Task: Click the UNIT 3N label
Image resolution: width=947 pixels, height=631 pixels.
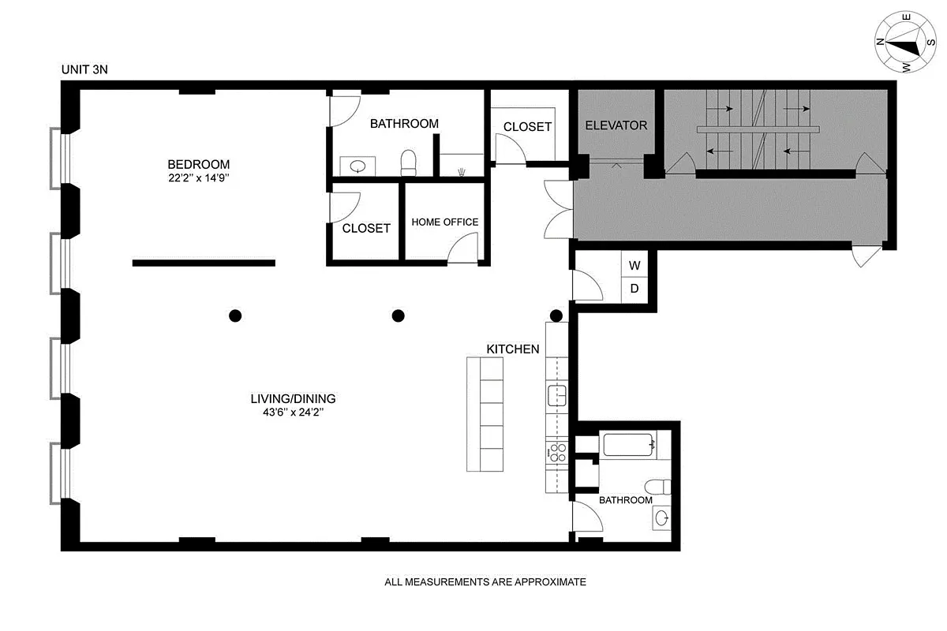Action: point(84,69)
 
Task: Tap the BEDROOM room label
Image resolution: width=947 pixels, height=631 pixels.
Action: point(198,164)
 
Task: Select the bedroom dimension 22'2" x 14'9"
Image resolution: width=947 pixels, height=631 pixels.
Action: point(198,178)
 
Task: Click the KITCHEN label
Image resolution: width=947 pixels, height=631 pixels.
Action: point(512,349)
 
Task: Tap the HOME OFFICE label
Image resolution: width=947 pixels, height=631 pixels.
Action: point(444,222)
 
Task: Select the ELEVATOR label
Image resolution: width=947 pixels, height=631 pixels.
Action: point(616,125)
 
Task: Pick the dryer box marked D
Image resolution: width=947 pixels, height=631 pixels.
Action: point(634,289)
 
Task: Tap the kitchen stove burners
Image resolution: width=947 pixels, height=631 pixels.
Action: point(557,452)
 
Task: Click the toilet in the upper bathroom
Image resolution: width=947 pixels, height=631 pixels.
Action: point(408,163)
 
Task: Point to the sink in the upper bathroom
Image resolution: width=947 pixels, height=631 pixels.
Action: point(357,166)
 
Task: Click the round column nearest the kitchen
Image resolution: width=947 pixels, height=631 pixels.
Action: point(556,316)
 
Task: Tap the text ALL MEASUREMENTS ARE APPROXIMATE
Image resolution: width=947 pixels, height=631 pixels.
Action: point(485,583)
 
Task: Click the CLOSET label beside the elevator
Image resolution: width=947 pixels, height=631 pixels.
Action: point(527,127)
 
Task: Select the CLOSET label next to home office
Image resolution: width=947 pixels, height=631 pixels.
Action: point(366,229)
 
